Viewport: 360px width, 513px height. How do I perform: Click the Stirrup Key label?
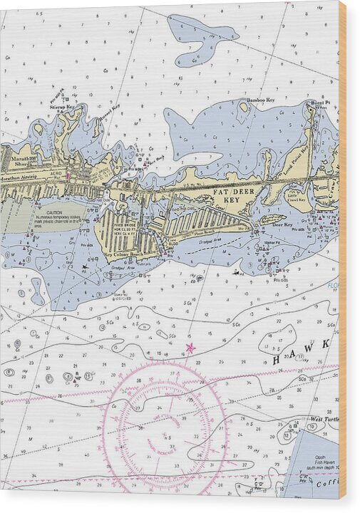pos(62,105)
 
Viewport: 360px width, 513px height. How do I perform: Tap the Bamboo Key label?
pos(261,100)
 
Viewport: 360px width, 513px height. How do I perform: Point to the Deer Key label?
pos(283,225)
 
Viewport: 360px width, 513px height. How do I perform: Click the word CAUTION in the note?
pos(55,212)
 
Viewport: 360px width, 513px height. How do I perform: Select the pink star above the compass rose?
pos(190,348)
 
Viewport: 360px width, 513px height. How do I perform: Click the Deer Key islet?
pos(269,221)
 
